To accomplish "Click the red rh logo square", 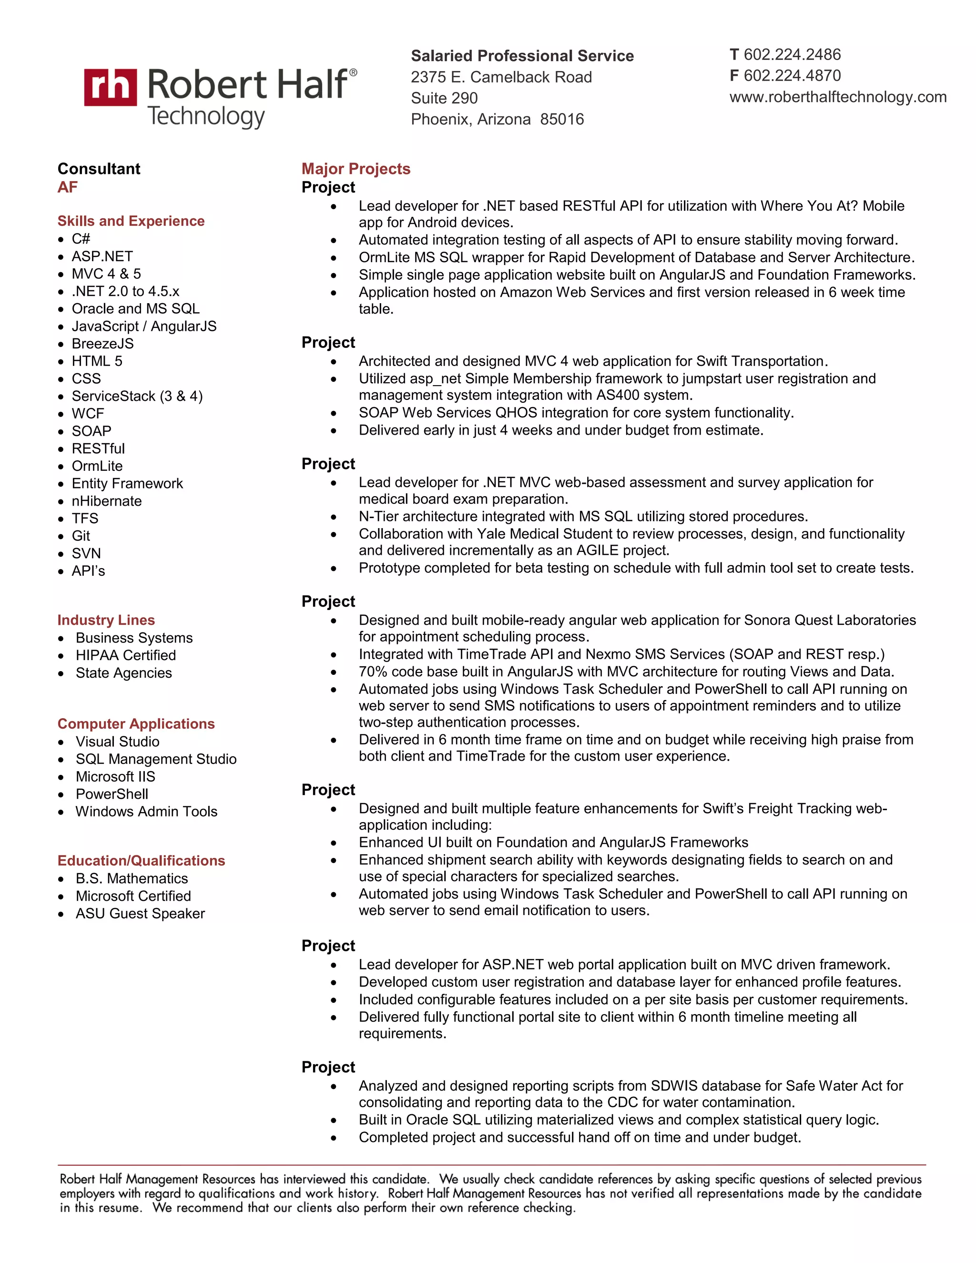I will coord(111,87).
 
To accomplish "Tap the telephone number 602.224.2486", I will coord(792,54).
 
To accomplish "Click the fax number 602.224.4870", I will coord(792,76).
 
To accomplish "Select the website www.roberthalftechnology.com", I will coord(837,97).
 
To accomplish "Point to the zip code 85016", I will coord(562,119).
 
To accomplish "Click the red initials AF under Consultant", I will coord(68,187).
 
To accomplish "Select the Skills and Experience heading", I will coord(131,221).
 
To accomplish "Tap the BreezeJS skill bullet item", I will coord(102,344).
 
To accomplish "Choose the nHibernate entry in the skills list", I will coord(106,501).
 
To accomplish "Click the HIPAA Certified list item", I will coord(125,655).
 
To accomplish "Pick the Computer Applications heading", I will coord(136,723).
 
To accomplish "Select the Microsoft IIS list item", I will coord(115,777).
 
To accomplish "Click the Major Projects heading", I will coord(356,169).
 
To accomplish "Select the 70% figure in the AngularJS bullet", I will coord(372,672).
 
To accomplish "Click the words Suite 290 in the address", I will coord(444,98).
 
